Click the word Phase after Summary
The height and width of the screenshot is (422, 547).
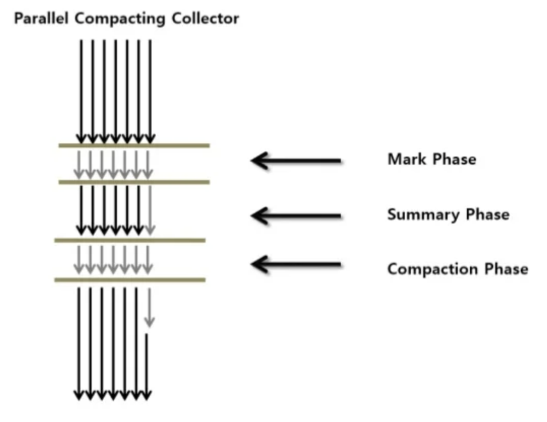tap(487, 215)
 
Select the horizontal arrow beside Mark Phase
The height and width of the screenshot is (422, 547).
tap(296, 160)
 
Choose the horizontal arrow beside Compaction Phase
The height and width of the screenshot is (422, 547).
tap(296, 265)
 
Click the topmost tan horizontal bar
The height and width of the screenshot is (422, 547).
tap(134, 145)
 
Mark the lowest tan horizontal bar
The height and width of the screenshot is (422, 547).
tap(130, 280)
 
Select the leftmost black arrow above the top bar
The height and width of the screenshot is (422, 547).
tap(81, 91)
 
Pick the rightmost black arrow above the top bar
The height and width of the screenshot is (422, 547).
tap(150, 91)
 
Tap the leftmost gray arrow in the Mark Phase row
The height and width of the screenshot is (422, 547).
tap(79, 165)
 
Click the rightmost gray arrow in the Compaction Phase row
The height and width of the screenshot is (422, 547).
tap(148, 259)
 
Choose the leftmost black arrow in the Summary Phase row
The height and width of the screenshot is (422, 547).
tap(81, 209)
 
